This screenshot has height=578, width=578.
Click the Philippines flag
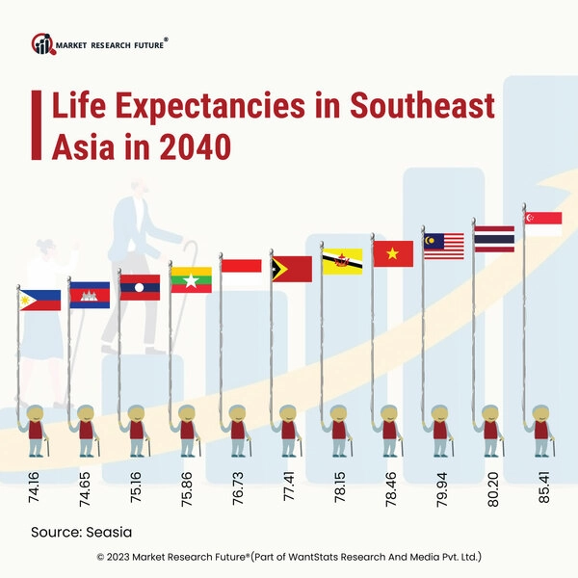click(39, 301)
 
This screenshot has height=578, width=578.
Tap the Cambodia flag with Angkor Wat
click(90, 294)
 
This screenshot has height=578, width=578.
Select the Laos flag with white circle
click(140, 287)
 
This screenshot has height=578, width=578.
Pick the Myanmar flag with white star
click(191, 278)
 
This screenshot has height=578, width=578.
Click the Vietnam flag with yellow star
click(393, 253)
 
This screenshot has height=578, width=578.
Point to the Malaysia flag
click(443, 246)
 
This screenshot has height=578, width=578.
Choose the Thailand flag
click(494, 238)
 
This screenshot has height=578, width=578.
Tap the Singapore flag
click(543, 223)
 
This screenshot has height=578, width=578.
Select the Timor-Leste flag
click(292, 269)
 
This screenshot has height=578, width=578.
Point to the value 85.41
click(541, 491)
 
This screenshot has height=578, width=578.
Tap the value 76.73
click(239, 491)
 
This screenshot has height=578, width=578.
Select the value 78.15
click(339, 491)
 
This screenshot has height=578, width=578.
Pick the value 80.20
click(491, 491)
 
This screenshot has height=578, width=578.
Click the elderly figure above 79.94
click(439, 430)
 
